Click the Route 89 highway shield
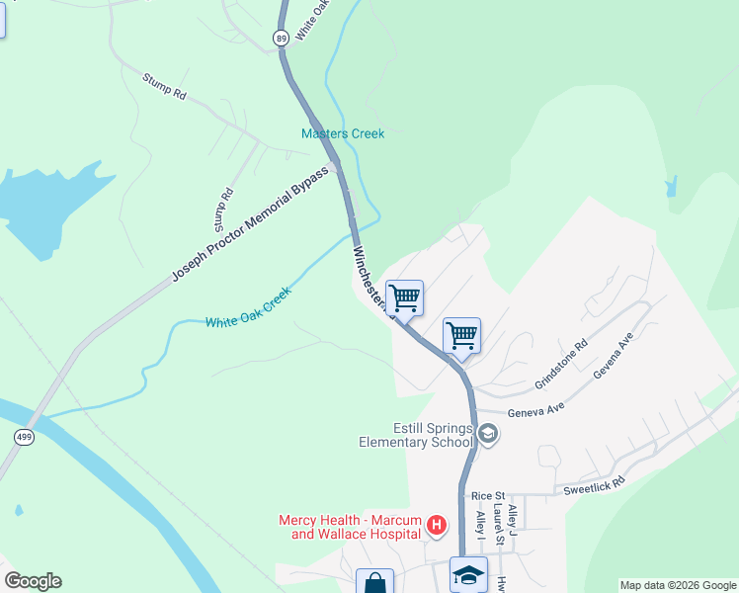tap(282, 38)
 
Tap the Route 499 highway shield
tap(22, 436)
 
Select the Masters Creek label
tap(343, 133)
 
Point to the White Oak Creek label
tap(248, 308)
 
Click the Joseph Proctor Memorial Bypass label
tap(249, 223)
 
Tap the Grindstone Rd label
tap(561, 364)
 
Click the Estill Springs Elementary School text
tap(416, 435)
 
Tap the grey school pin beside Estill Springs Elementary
tap(487, 434)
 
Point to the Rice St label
tap(488, 495)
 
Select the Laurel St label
tap(500, 526)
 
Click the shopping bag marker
tap(374, 583)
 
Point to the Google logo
tap(33, 581)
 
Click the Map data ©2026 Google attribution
tap(679, 585)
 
